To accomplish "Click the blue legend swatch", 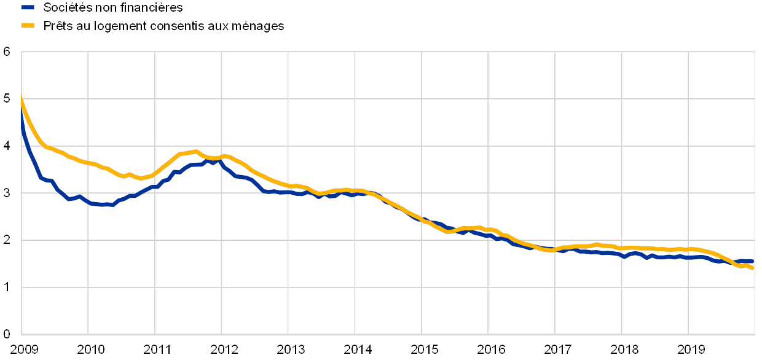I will click(x=27, y=7).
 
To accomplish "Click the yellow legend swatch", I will click(x=27, y=25).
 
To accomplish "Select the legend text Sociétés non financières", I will click(x=113, y=7).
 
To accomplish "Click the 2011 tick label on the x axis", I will click(x=157, y=350).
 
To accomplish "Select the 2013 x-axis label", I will click(x=290, y=350).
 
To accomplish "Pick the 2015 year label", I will click(x=423, y=350).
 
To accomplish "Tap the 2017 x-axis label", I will click(x=557, y=350).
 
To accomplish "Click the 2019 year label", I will click(x=690, y=350).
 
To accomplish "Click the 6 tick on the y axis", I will click(x=7, y=52).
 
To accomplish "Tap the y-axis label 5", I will click(x=7, y=99).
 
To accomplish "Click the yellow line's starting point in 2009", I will click(x=22, y=98).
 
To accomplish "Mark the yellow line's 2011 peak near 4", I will click(x=195, y=151).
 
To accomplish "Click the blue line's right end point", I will click(x=753, y=261).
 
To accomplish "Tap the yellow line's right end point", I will click(x=753, y=268).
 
